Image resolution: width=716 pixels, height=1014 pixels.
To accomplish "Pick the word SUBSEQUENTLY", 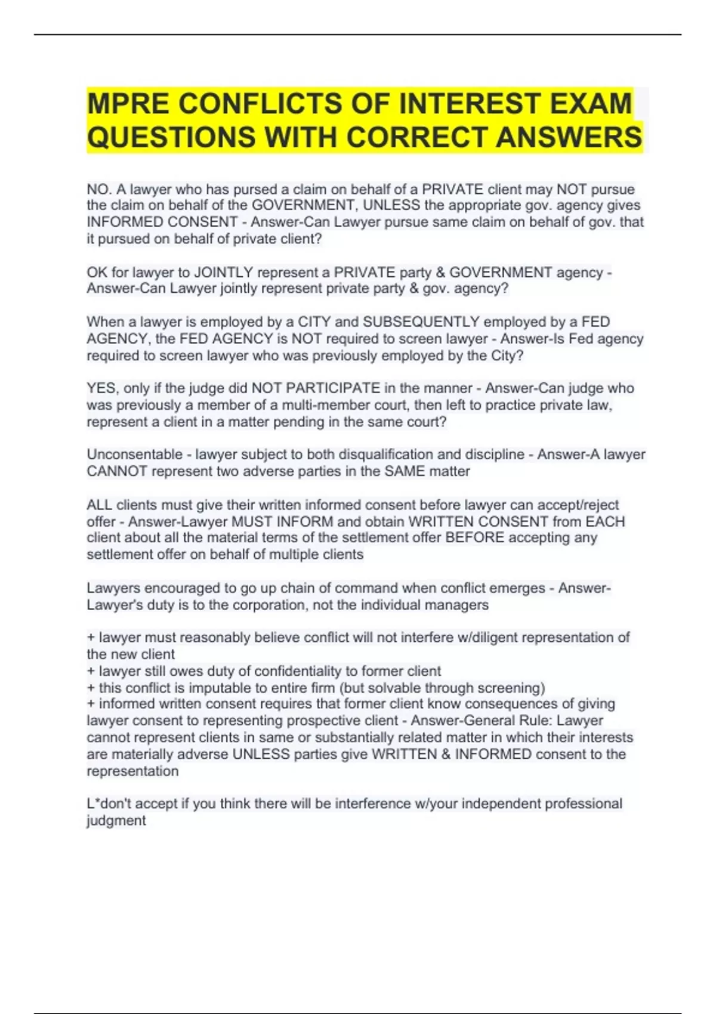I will coord(421,322).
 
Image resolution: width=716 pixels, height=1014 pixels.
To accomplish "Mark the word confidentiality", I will coord(287,671).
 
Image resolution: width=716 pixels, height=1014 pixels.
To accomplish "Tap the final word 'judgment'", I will coord(116,821).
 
